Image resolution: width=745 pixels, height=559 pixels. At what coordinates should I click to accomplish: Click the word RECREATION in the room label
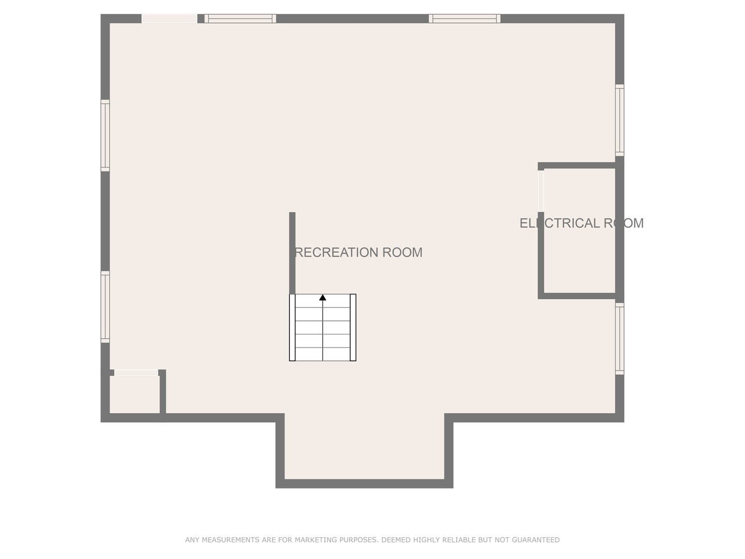(336, 253)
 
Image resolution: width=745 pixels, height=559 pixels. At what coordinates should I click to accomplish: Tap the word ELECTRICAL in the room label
(560, 223)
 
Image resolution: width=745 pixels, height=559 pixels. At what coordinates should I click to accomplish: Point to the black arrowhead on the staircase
(322, 298)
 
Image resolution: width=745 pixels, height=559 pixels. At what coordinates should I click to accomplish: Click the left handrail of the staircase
(292, 328)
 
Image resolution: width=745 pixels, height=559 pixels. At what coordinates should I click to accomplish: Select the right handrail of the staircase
(353, 328)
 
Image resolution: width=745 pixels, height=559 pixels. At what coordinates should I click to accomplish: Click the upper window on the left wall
(105, 136)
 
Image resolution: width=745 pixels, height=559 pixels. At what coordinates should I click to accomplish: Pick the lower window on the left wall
(105, 307)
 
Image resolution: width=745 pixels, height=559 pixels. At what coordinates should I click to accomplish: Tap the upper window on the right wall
(620, 120)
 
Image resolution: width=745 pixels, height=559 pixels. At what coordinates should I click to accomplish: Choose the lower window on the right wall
(620, 339)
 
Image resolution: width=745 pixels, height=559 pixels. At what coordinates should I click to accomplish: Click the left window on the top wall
(240, 19)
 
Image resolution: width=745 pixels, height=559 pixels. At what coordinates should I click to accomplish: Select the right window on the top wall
(464, 19)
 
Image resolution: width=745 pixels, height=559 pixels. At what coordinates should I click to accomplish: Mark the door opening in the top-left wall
(169, 19)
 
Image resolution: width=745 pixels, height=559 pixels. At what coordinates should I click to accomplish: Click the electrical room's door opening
(541, 191)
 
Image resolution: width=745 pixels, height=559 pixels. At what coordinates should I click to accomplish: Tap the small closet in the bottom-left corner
(135, 394)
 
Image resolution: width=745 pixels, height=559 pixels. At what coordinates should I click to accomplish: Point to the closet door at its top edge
(136, 373)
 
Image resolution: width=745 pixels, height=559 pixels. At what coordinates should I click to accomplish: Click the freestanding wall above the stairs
(292, 253)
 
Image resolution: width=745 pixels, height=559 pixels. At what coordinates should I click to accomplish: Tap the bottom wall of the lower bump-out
(364, 483)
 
